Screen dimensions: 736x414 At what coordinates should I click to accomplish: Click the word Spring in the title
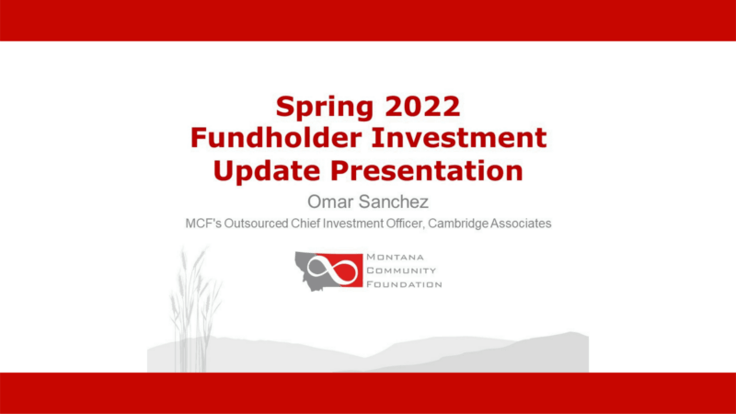324,108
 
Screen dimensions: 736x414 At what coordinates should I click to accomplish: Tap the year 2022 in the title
422,106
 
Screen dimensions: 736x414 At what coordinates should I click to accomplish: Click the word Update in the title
266,171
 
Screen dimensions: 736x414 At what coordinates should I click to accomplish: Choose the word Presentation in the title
427,170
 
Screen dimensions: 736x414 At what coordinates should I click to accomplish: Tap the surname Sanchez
399,201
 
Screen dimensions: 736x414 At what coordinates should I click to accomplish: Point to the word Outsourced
256,224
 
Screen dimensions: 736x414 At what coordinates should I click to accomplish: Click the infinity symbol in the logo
332,270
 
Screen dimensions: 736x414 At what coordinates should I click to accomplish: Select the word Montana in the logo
395,258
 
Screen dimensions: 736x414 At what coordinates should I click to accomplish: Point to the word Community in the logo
401,270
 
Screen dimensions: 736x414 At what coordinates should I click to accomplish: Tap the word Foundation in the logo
404,284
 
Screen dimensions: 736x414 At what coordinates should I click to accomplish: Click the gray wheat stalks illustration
195,310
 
